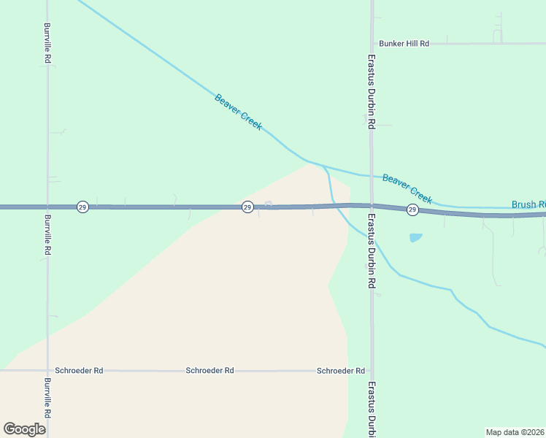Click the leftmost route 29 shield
[82, 207]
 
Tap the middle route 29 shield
[247, 207]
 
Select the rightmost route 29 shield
[412, 210]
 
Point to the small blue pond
[415, 237]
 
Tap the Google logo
[24, 429]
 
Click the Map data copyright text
[515, 431]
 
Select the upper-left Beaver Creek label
[238, 112]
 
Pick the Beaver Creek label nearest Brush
[407, 188]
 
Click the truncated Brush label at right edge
[528, 205]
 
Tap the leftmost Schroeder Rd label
[79, 371]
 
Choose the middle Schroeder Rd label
[209, 371]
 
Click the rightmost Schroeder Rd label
[341, 371]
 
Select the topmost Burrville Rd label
[47, 42]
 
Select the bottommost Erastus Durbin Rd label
[372, 409]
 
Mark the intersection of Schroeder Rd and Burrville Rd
[47, 371]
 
